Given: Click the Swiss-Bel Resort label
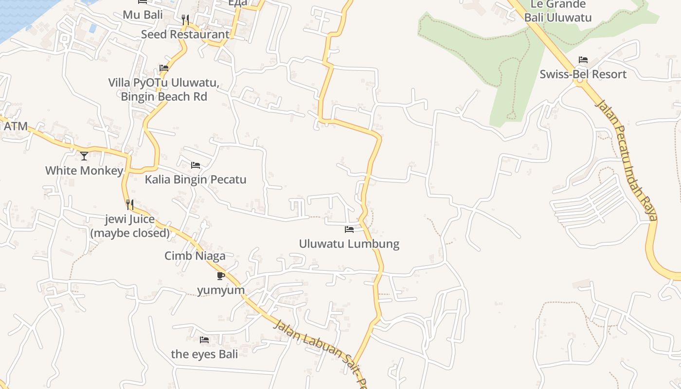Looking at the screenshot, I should pyautogui.click(x=583, y=74).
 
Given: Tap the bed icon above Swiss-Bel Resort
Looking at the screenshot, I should pyautogui.click(x=583, y=60).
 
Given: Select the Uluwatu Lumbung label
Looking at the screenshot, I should pyautogui.click(x=349, y=244).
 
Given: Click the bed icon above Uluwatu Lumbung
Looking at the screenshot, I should pyautogui.click(x=349, y=229).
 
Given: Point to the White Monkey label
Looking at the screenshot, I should pyautogui.click(x=84, y=171).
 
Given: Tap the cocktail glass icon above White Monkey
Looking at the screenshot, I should pyautogui.click(x=84, y=156).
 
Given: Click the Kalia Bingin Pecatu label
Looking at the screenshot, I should pyautogui.click(x=196, y=179).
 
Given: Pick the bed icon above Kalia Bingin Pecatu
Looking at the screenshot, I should pyautogui.click(x=196, y=165).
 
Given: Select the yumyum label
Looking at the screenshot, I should pyautogui.click(x=221, y=290).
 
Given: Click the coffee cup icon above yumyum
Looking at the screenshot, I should pyautogui.click(x=221, y=276).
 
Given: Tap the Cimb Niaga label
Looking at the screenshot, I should pyautogui.click(x=195, y=256).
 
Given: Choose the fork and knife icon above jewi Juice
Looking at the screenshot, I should pyautogui.click(x=130, y=204).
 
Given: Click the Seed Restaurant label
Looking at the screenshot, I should pyautogui.click(x=185, y=35).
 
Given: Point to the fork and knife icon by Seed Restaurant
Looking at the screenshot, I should pyautogui.click(x=185, y=19).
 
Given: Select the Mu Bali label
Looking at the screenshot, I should pyautogui.click(x=143, y=15).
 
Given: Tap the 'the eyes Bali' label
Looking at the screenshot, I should pyautogui.click(x=204, y=354).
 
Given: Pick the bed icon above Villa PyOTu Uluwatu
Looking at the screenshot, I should pyautogui.click(x=164, y=68).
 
